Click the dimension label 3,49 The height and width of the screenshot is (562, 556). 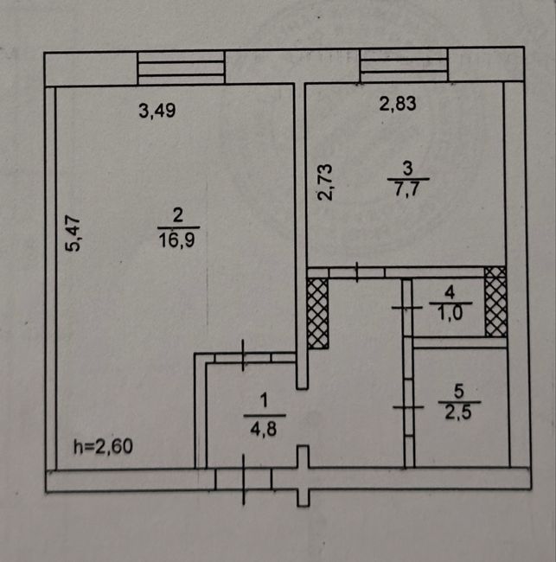coord(157,111)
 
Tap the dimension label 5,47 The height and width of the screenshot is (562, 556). coord(73,233)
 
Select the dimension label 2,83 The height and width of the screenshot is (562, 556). coord(398,104)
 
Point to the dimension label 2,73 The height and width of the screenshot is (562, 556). coord(326,182)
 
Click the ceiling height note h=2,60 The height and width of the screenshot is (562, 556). coord(103,447)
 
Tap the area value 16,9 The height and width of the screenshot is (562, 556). coord(177,239)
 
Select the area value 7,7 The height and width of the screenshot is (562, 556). coord(407,189)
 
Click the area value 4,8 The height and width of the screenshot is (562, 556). coord(264,429)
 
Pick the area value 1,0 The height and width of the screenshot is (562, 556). coord(451,313)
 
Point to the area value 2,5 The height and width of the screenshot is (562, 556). coord(458,412)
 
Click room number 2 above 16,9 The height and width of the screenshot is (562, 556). coord(178,216)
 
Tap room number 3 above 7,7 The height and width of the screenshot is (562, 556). coord(408,168)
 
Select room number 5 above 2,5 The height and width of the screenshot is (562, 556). coord(459,391)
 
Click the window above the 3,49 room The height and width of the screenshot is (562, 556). coord(181,67)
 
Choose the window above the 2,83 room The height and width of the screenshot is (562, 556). coord(404,65)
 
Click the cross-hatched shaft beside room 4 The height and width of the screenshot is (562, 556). coord(495,302)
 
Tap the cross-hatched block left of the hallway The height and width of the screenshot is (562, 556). coord(318,314)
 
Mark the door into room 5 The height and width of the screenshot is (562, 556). coord(409,407)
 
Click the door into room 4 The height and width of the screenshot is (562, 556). coord(407,308)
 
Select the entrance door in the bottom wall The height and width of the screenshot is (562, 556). coord(243,480)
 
